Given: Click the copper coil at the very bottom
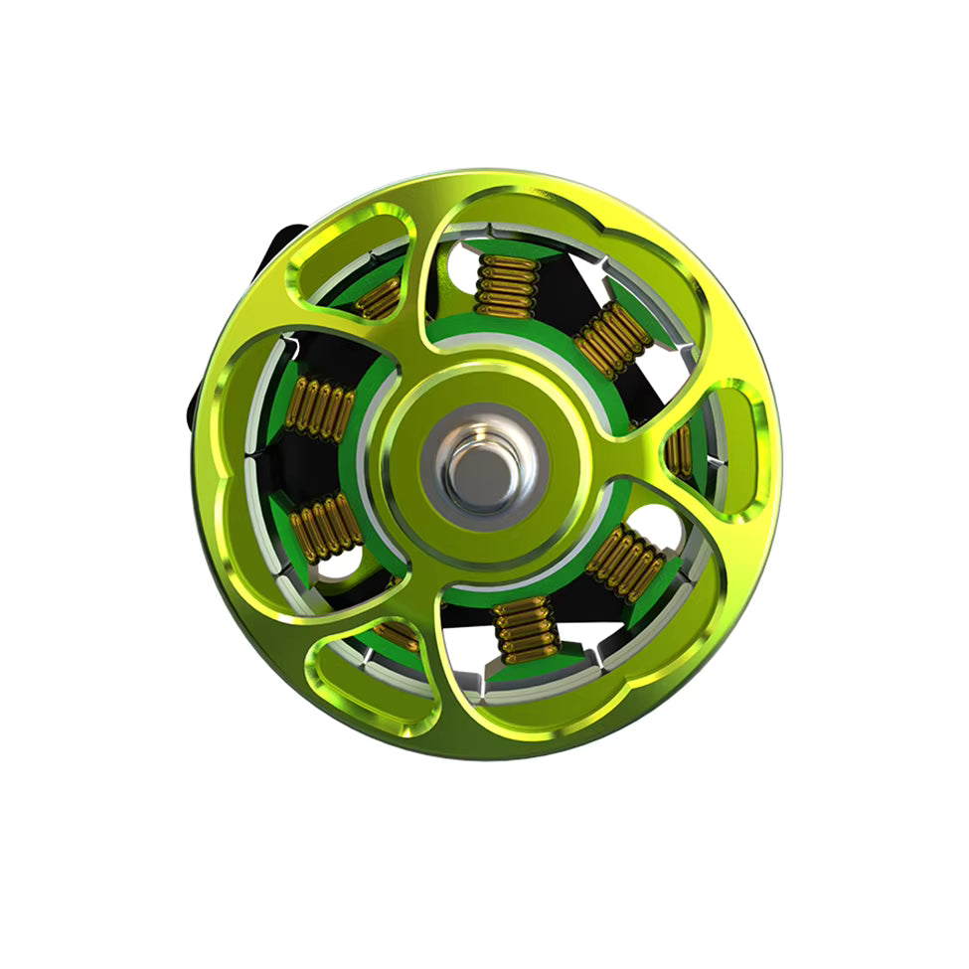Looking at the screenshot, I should coord(527,631).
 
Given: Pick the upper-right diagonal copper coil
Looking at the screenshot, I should coord(613,339).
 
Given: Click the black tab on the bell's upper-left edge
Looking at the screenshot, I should coord(283,244).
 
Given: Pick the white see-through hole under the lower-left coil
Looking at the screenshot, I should coord(338,566).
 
